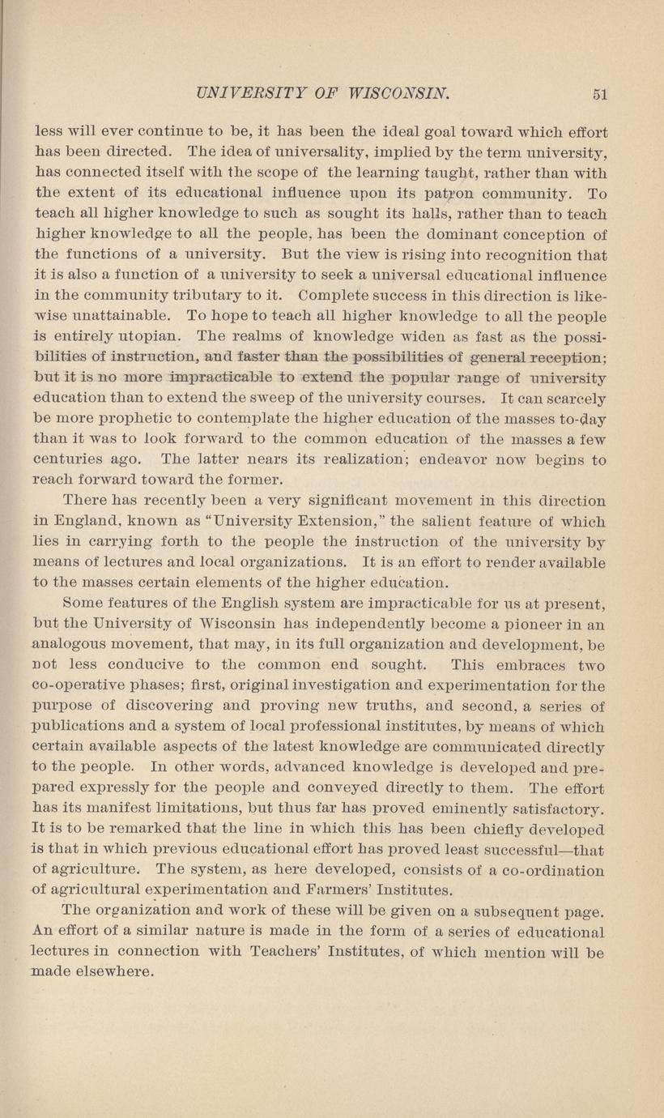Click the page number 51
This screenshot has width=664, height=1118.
[599, 93]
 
